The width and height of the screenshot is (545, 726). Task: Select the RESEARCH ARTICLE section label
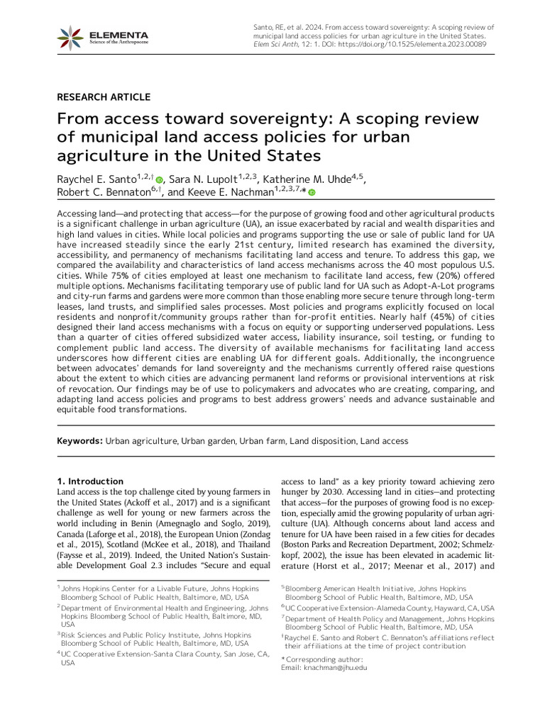[104, 97]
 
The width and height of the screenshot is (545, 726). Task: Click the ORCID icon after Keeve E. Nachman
[312, 192]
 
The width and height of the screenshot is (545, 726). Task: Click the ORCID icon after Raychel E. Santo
[160, 181]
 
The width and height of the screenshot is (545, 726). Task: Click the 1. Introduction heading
[90, 481]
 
